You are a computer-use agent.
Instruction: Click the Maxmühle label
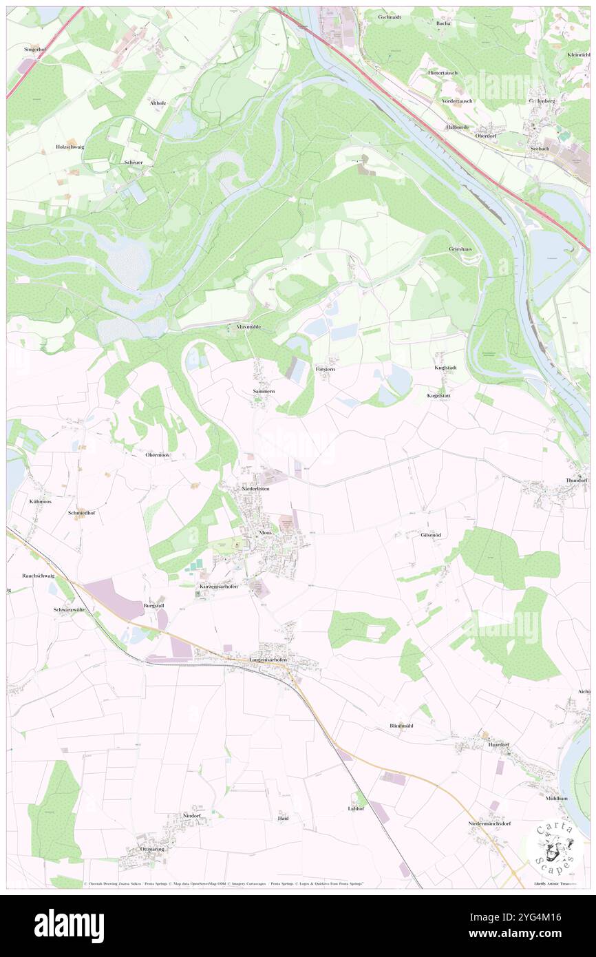pyautogui.click(x=248, y=327)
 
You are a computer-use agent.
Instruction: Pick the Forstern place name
pyautogui.click(x=325, y=370)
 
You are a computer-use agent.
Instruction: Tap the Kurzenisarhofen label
pyautogui.click(x=219, y=586)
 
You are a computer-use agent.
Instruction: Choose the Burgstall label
pyautogui.click(x=153, y=605)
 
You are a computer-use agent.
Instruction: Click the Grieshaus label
pyautogui.click(x=460, y=249)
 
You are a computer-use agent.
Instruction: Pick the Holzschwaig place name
pyautogui.click(x=70, y=147)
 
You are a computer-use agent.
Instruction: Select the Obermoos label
pyautogui.click(x=157, y=455)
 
